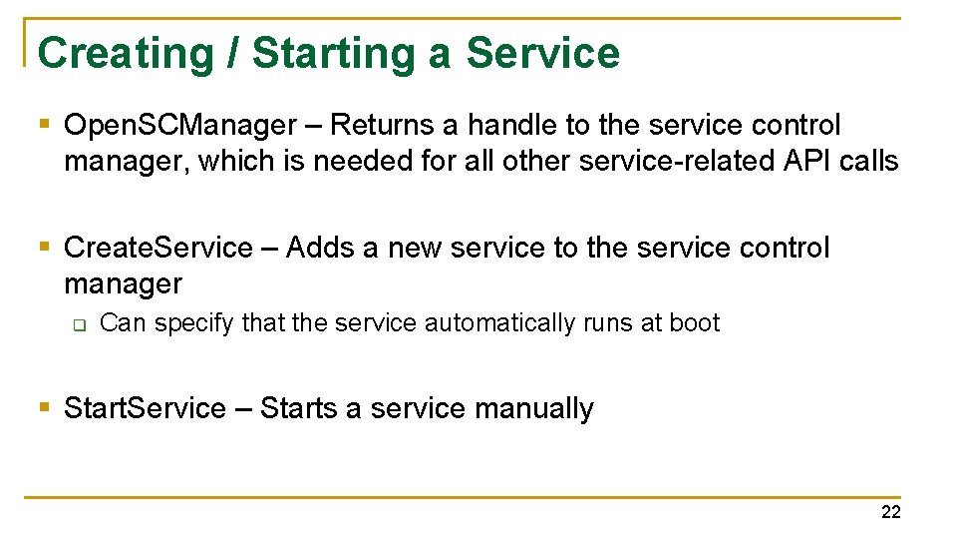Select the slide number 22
[x=890, y=512]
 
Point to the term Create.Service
[x=159, y=248]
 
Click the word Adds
[x=319, y=248]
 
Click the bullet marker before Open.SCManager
[x=44, y=125]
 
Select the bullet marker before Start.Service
[x=44, y=407]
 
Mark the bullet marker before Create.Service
[x=44, y=247]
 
